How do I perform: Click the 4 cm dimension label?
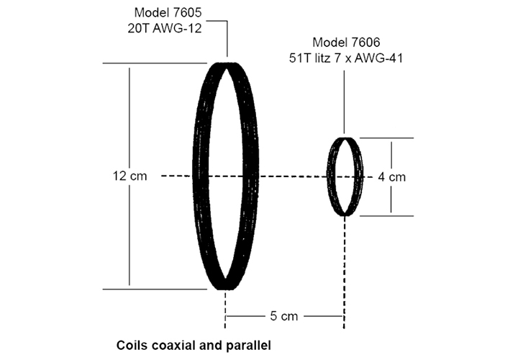tap(392, 176)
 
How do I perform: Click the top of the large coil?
tap(227, 65)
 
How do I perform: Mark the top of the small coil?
tap(346, 138)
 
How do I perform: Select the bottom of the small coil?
tap(346, 214)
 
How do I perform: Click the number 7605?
tap(188, 13)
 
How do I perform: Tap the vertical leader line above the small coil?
tap(346, 101)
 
